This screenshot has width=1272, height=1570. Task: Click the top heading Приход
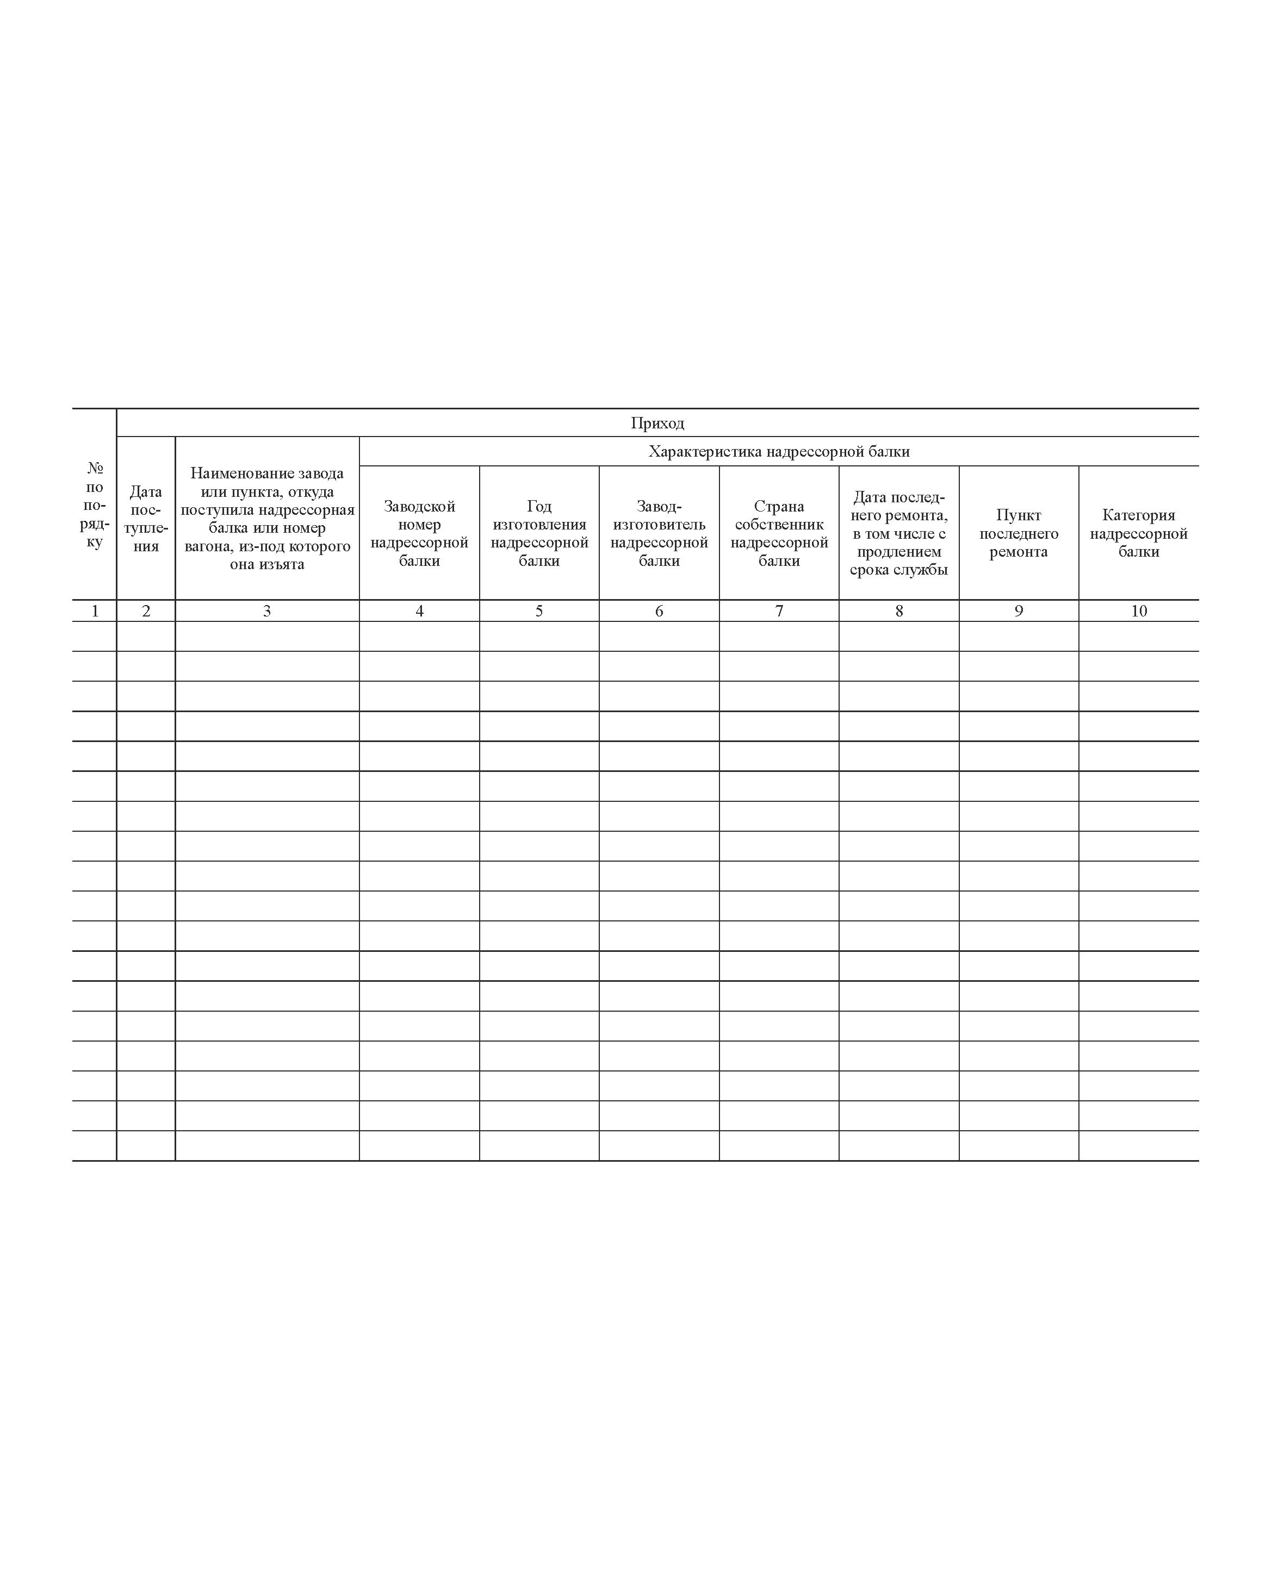[x=657, y=423]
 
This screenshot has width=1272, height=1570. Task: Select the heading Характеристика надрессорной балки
[x=779, y=452]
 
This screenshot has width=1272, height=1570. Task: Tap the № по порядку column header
[x=95, y=504]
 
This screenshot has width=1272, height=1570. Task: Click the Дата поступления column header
[x=146, y=519]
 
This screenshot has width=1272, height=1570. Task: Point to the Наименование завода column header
[x=266, y=519]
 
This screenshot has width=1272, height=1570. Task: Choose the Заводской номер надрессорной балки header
[x=419, y=533]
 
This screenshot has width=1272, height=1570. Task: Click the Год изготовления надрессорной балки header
[x=539, y=533]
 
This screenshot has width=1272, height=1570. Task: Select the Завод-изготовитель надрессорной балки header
[x=659, y=533]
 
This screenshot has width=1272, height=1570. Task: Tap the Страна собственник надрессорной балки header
[x=779, y=533]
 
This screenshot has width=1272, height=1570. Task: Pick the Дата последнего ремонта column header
[x=899, y=533]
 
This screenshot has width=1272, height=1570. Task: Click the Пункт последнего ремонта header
[x=1019, y=533]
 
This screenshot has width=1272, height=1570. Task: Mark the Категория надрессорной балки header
[x=1139, y=533]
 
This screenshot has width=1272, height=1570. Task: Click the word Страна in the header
[x=779, y=506]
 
